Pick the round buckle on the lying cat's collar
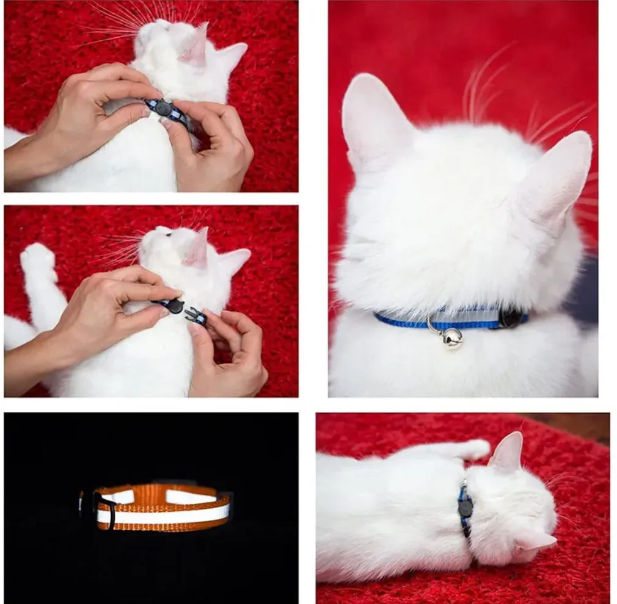tap(465, 506)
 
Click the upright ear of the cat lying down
tap(509, 453)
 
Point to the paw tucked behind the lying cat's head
tap(473, 449)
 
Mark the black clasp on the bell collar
tap(512, 317)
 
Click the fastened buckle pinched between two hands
tap(163, 108)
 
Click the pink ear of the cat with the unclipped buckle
tap(197, 250)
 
